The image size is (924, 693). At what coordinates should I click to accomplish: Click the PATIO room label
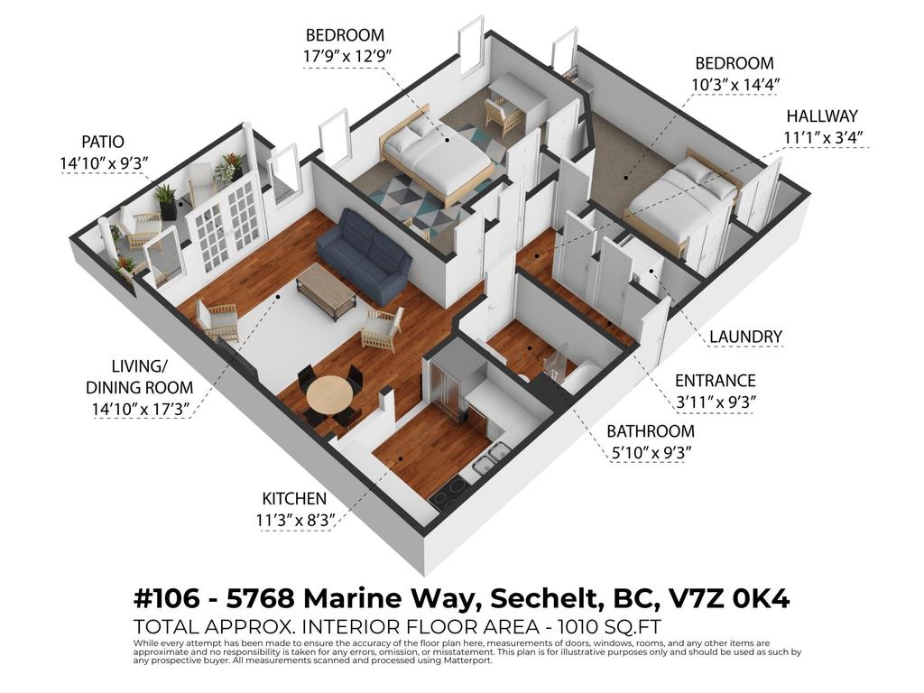point(102,142)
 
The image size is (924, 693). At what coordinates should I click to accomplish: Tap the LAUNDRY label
point(745,337)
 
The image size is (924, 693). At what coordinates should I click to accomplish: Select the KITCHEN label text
point(294,498)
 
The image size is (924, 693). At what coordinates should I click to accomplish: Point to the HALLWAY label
point(821,116)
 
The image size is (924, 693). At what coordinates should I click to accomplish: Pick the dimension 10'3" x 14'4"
point(734,85)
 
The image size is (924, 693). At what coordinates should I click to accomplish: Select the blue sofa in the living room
point(364,254)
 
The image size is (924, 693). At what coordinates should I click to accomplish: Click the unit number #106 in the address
point(168,598)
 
